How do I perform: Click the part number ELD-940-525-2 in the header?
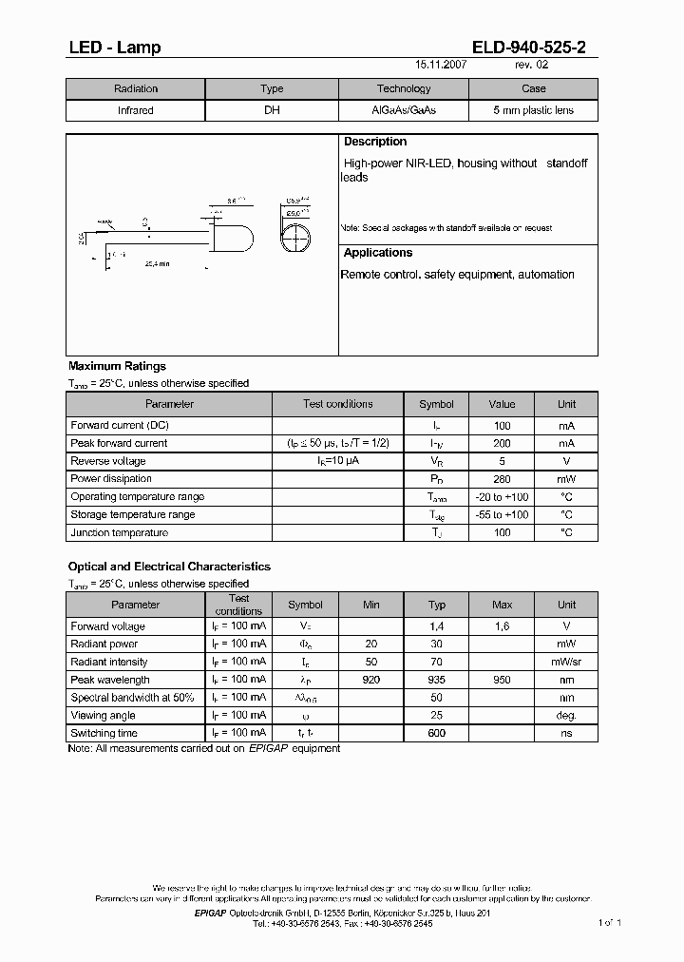click(535, 47)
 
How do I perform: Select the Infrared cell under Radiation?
click(135, 110)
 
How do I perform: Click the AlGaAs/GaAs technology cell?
click(404, 110)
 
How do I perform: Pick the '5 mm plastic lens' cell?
click(533, 110)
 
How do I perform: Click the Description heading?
click(375, 142)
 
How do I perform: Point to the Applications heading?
click(378, 253)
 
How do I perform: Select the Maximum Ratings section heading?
click(117, 366)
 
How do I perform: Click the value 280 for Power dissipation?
click(502, 479)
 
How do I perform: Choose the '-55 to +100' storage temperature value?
click(502, 515)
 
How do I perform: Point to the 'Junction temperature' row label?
click(119, 533)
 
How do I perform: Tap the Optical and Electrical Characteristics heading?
click(169, 567)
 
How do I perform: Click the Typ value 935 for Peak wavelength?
click(436, 680)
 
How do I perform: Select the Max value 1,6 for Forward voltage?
click(502, 626)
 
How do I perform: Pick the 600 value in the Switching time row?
click(436, 733)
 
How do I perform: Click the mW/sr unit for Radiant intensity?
click(566, 662)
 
